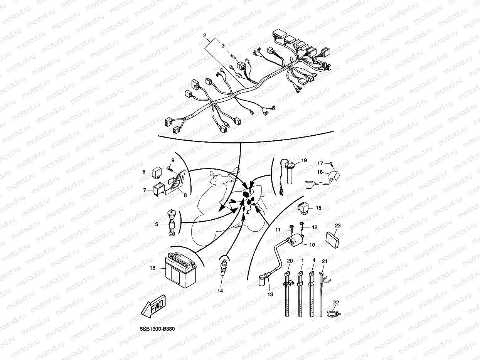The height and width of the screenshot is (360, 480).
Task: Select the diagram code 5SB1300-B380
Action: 157,329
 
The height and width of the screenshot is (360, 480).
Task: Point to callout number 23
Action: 338,225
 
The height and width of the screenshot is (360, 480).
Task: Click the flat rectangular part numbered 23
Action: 332,240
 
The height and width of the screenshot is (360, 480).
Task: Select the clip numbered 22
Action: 334,313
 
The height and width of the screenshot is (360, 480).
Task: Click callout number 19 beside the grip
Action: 304,160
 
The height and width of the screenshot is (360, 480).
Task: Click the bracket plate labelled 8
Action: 175,182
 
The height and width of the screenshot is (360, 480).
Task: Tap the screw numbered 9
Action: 169,168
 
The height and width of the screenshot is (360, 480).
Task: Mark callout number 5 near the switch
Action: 157,224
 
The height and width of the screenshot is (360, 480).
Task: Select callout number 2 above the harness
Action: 204,35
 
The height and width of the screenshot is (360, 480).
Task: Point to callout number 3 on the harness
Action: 223,46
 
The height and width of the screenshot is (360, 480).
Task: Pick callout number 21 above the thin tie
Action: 325,261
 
